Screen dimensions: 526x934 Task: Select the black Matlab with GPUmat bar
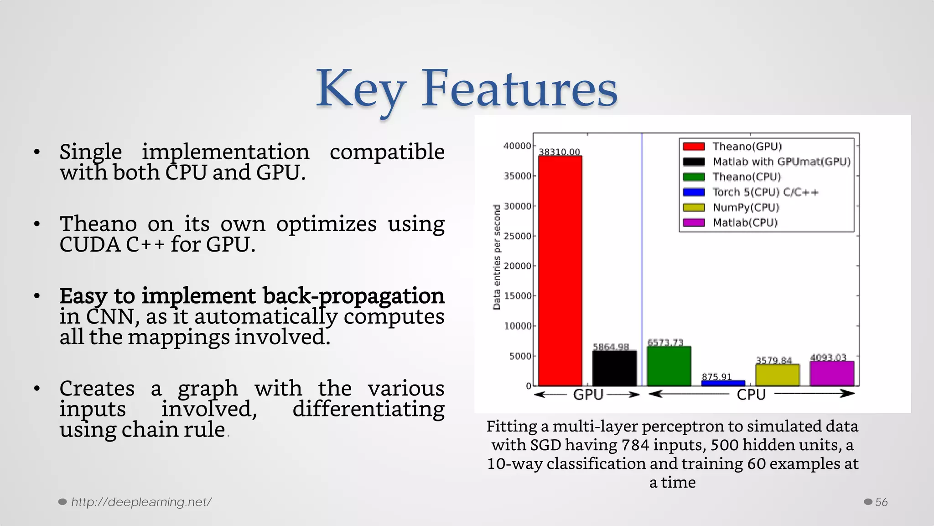(614, 368)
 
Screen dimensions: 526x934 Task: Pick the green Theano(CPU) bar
(669, 366)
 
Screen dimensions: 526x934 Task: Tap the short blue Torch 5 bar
(723, 383)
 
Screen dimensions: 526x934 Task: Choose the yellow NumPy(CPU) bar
(777, 375)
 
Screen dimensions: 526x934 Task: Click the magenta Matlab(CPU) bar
(831, 373)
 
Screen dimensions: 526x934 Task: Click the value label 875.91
(716, 376)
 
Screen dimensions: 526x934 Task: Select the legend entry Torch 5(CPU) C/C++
(765, 192)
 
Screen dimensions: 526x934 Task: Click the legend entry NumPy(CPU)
(746, 207)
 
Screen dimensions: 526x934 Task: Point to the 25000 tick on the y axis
(518, 236)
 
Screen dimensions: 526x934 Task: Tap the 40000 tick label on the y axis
(517, 146)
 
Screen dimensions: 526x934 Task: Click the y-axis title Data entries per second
(497, 258)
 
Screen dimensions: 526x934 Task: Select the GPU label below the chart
(588, 394)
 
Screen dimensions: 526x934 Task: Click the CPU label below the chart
(751, 394)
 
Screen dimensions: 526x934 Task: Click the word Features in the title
(519, 89)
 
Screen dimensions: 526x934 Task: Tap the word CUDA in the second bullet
(90, 245)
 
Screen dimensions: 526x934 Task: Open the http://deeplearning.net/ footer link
(141, 502)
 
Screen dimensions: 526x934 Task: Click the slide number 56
(881, 502)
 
